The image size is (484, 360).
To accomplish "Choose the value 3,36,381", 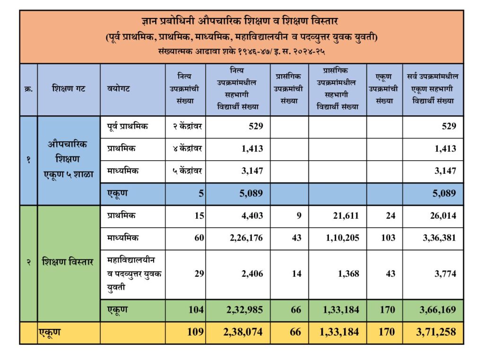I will point(436,238).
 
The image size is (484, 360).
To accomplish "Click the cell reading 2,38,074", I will point(243,332).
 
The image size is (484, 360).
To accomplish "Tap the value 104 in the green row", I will point(196,310).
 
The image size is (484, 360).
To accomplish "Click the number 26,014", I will point(440,215).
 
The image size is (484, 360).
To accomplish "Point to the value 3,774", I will point(444,274).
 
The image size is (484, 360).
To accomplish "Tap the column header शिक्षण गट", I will point(69,88).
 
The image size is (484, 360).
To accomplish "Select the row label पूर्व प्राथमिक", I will point(127,126).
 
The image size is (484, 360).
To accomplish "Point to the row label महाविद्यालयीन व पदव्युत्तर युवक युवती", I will point(134,274).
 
